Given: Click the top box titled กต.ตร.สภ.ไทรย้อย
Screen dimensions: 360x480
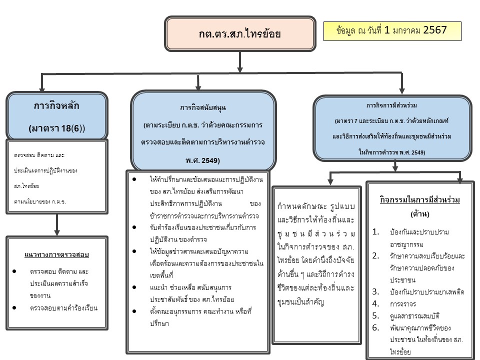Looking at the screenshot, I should coord(239,34).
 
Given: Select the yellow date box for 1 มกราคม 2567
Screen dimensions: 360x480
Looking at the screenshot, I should coord(392,30).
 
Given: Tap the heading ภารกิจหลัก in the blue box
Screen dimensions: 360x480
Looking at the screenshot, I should coord(56,106).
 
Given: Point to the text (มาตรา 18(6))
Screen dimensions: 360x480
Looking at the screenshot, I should coord(56,128).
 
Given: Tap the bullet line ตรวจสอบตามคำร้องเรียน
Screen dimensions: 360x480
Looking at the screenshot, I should coord(63,308).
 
